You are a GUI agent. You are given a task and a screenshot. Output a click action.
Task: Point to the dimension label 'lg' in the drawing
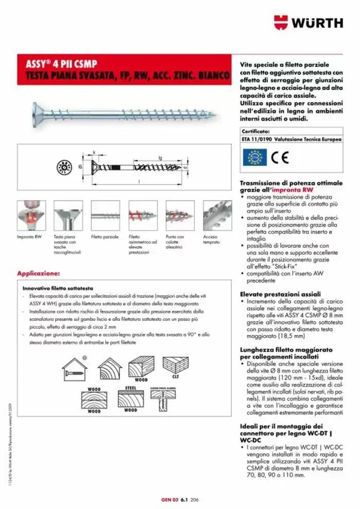[x=160, y=158]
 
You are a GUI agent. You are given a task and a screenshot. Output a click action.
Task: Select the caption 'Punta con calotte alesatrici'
[x=176, y=242]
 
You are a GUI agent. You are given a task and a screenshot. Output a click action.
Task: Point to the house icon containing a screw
[x=76, y=367]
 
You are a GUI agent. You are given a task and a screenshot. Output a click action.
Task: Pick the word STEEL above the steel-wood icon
[x=130, y=386]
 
